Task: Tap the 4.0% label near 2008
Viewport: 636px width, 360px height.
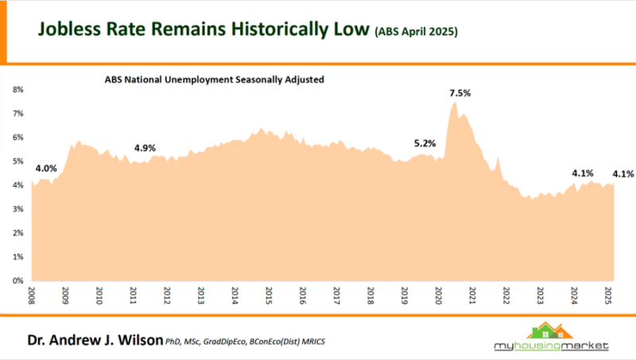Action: point(46,168)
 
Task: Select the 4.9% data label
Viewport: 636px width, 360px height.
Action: point(145,148)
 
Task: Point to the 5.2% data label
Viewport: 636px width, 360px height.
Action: point(425,144)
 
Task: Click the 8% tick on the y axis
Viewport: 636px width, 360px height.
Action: point(18,90)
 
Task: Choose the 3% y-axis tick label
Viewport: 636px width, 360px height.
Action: point(18,209)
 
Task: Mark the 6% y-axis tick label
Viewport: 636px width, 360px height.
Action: point(18,137)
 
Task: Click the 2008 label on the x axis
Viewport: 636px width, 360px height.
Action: point(32,296)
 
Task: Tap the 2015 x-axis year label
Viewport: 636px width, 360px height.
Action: point(269,296)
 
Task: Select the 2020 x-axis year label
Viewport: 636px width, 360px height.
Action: point(438,296)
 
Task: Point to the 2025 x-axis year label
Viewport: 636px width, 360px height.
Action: point(608,296)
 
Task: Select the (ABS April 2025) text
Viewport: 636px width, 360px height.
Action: point(415,33)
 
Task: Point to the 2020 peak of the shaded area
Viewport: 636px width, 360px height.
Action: point(454,103)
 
